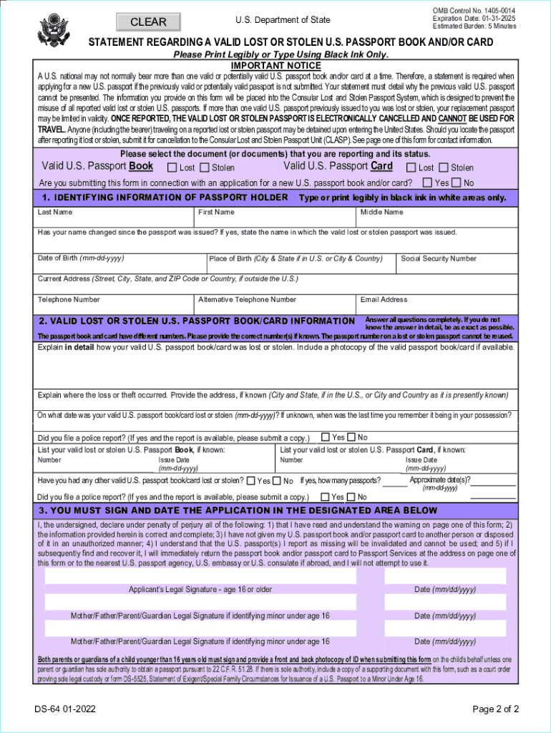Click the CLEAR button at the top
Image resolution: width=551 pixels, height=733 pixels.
click(148, 22)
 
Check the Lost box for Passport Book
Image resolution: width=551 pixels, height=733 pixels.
click(172, 168)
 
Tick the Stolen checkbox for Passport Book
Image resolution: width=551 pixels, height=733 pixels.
click(205, 168)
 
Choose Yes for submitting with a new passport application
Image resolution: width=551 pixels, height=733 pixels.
click(428, 183)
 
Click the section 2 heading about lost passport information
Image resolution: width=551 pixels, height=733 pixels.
click(197, 321)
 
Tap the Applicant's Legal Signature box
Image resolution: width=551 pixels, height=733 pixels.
click(200, 576)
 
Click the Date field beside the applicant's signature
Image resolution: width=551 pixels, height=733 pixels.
click(444, 576)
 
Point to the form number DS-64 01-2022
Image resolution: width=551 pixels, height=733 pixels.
click(67, 709)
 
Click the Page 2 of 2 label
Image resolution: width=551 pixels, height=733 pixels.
click(495, 709)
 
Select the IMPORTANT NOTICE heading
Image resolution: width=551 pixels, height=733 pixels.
click(275, 66)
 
